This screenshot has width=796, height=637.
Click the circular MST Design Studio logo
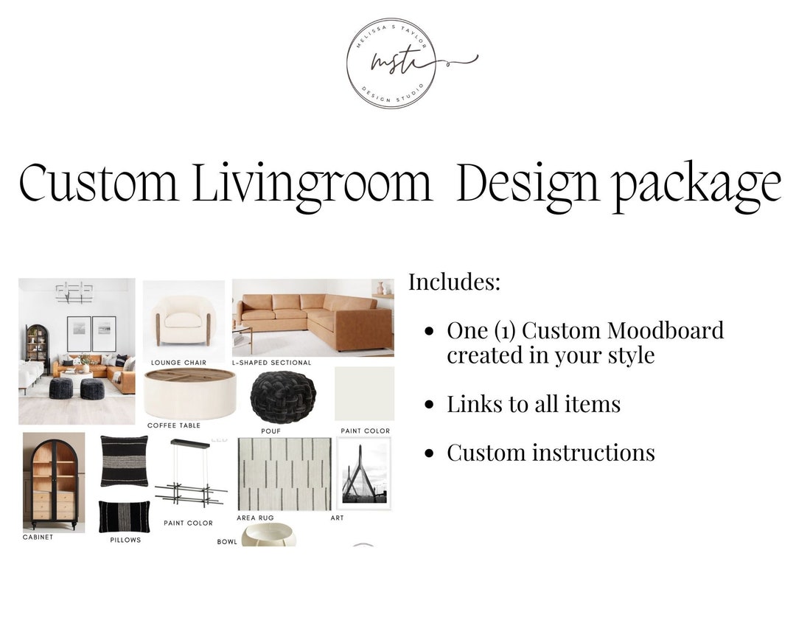click(391, 63)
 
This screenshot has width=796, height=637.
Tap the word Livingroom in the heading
click(312, 185)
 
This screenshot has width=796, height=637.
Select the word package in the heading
click(696, 185)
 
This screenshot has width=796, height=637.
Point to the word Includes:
click(454, 282)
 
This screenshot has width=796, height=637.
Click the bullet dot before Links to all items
click(429, 405)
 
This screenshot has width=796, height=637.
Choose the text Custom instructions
click(551, 452)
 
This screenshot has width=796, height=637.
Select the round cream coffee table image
click(189, 394)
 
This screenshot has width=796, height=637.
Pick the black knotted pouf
click(283, 397)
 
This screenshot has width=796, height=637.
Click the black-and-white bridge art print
click(363, 473)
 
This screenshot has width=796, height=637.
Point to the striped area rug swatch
click(284, 474)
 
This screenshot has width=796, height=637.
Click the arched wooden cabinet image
click(53, 481)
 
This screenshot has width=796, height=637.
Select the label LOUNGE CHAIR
click(178, 363)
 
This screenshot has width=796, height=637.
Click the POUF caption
click(270, 431)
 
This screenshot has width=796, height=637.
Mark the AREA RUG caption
click(255, 518)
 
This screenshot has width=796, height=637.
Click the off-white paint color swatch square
click(365, 394)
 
